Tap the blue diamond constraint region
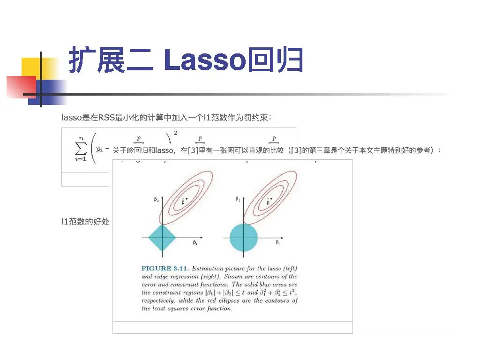point(162,238)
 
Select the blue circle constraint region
point(244,237)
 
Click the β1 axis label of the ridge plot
point(277,243)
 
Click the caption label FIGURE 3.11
point(165,269)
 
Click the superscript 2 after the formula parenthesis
point(175,134)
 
